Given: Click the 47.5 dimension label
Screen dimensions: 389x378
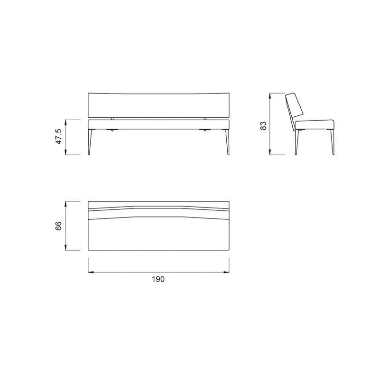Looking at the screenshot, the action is click(x=59, y=136).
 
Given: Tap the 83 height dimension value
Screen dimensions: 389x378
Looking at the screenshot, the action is click(x=263, y=125).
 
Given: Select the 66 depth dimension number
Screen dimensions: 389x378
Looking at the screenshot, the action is click(x=58, y=226).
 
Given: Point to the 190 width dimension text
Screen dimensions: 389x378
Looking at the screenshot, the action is click(x=158, y=279).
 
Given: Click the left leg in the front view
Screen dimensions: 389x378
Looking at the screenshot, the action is click(x=90, y=142).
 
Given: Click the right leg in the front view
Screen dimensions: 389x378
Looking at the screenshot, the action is click(x=227, y=142).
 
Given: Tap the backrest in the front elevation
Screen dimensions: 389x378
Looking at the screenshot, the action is click(x=158, y=105).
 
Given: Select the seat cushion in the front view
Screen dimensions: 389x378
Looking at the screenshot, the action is click(x=158, y=125).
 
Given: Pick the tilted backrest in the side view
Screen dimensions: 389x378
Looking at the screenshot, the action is click(x=295, y=104).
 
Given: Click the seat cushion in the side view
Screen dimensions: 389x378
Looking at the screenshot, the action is click(x=315, y=125).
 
